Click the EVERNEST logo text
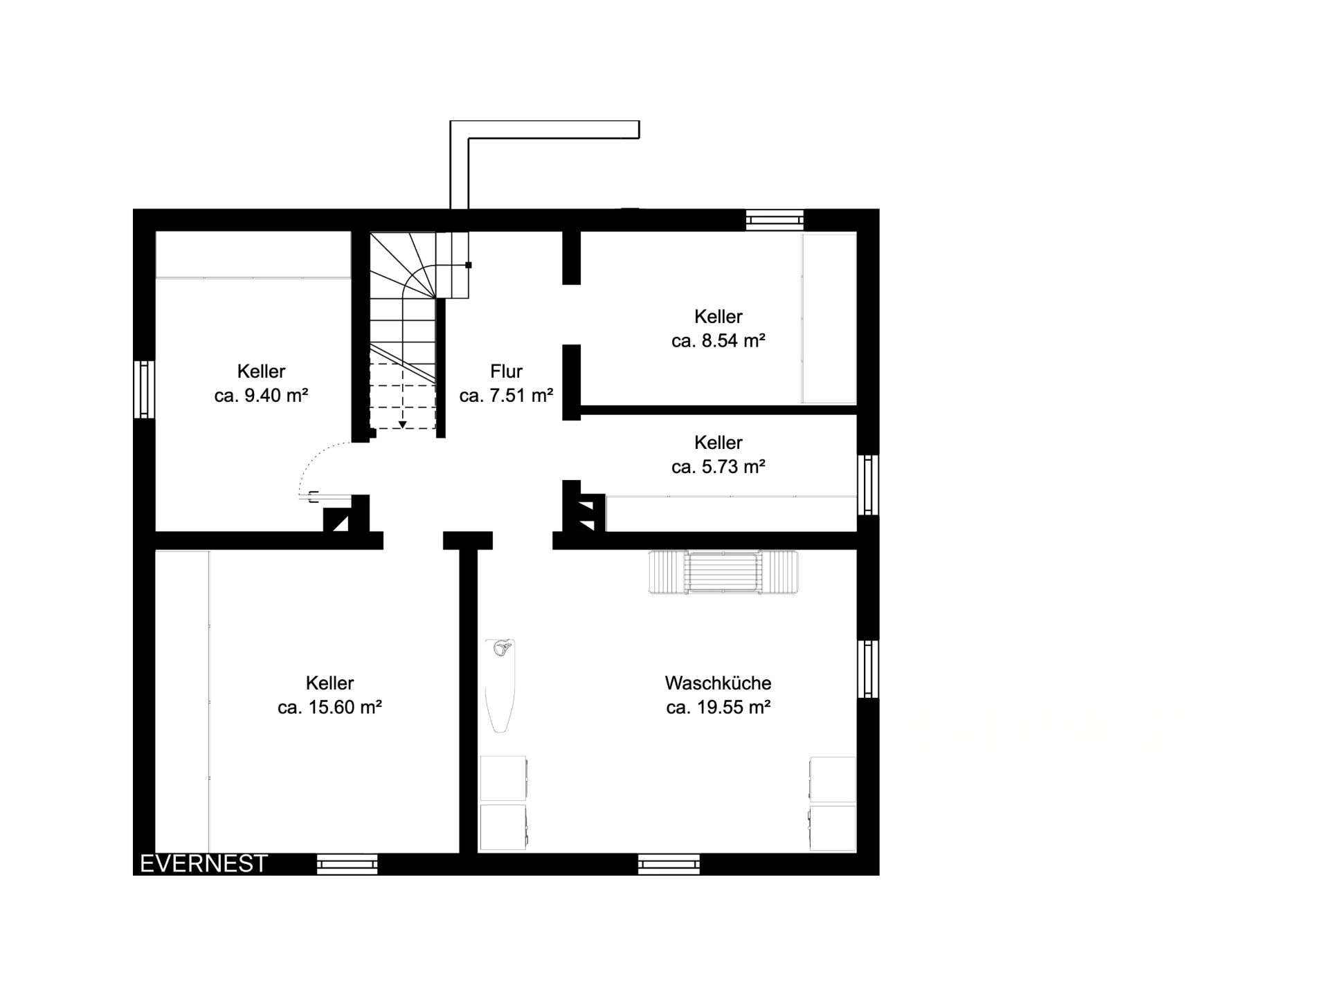[x=204, y=863]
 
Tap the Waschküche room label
[x=718, y=683]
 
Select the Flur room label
[x=506, y=371]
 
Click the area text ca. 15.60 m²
[x=329, y=708]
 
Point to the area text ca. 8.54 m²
[x=718, y=341]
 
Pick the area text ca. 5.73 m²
[x=718, y=467]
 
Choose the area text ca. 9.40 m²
[x=261, y=396]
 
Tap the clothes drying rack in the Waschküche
[x=723, y=572]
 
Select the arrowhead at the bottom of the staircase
[x=403, y=424]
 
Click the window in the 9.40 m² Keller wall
[x=144, y=389]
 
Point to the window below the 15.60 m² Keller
[x=347, y=865]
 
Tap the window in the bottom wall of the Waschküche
[x=669, y=865]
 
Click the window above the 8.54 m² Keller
[x=775, y=220]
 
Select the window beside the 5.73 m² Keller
[x=868, y=484]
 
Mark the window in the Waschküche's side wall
[x=868, y=669]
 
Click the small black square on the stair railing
[x=469, y=265]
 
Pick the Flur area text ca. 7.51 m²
[x=506, y=396]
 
